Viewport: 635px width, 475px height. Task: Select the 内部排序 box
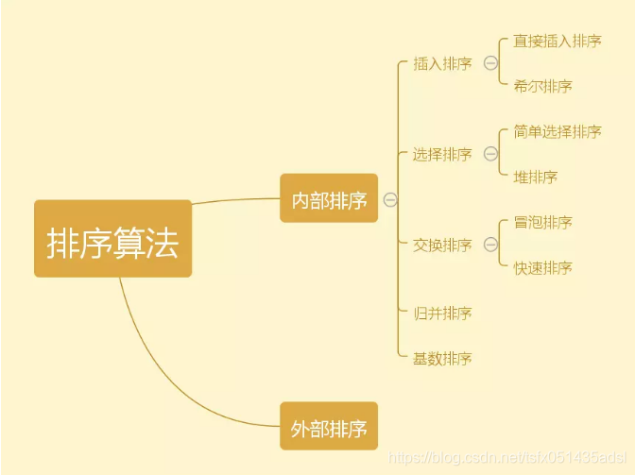click(329, 199)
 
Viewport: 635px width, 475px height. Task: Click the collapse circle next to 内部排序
click(390, 199)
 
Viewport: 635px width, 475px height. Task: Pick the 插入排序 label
click(442, 64)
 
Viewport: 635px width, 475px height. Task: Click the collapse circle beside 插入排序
click(490, 64)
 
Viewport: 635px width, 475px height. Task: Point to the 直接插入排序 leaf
click(558, 42)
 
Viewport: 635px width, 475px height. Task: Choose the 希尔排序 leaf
click(543, 87)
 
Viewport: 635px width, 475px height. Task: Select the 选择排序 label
click(442, 155)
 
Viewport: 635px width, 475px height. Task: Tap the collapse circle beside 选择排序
click(490, 155)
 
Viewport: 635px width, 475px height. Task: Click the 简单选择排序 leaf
click(558, 132)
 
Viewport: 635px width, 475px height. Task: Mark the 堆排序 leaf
click(536, 178)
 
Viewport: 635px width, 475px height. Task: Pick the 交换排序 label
click(442, 246)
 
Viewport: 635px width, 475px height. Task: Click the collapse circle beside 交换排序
click(490, 246)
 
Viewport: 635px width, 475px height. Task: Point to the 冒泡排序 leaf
click(543, 223)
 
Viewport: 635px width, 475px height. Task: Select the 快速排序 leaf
click(543, 268)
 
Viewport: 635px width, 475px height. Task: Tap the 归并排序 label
click(442, 314)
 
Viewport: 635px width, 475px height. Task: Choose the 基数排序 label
click(442, 359)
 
